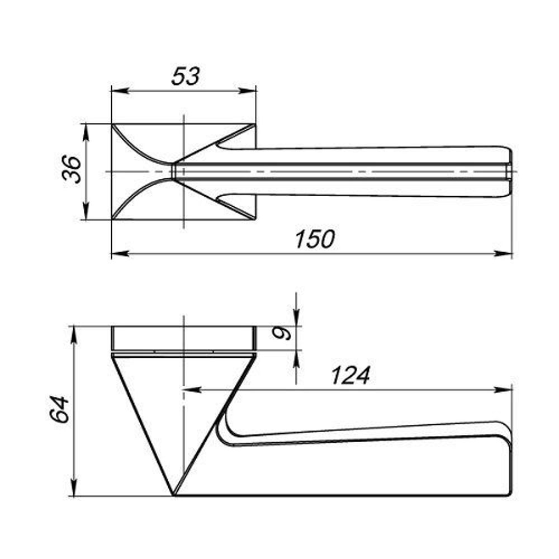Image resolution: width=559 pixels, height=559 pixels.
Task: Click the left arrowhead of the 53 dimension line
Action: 120,91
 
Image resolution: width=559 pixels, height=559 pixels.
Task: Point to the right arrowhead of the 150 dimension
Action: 504,254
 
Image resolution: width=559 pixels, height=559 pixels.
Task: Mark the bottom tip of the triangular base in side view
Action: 173,495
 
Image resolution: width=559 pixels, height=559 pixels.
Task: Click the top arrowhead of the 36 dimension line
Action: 86,132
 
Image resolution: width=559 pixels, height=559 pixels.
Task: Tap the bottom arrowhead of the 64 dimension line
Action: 74,487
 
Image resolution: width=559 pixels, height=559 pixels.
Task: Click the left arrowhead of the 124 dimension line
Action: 192,390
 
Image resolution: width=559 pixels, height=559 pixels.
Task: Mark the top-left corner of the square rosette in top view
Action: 112,124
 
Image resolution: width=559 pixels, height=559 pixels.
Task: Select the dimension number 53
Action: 186,76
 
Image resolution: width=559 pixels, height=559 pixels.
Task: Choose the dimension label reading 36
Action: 72,169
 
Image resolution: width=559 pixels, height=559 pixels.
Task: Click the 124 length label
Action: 351,376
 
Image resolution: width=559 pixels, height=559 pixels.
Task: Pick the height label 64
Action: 60,409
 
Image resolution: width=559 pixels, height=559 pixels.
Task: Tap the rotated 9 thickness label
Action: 282,333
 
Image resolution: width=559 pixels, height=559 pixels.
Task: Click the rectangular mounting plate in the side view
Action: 183,338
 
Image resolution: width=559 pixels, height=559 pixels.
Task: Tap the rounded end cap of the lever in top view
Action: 509,172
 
